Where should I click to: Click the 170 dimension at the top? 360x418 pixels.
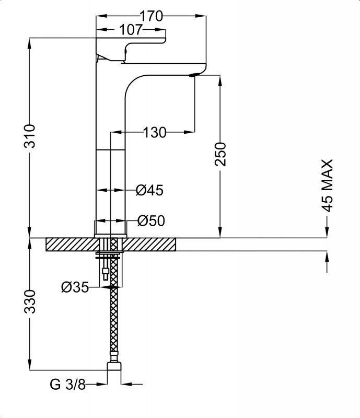point(152,16)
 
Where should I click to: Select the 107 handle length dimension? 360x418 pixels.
point(131,30)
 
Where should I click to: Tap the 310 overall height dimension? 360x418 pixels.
point(31,136)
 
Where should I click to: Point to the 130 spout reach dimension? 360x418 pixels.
point(155,133)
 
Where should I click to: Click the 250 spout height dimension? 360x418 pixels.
point(221,154)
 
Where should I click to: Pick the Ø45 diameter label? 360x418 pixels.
point(149,190)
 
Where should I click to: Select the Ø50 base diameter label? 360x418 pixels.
point(151,221)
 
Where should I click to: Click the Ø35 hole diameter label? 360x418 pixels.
point(74,287)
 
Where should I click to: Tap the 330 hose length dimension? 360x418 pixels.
point(31,301)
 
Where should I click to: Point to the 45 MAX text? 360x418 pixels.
point(327,185)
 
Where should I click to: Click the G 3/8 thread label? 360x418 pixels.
point(67,385)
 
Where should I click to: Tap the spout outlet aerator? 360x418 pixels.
point(195,75)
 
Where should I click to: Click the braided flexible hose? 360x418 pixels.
point(113,324)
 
